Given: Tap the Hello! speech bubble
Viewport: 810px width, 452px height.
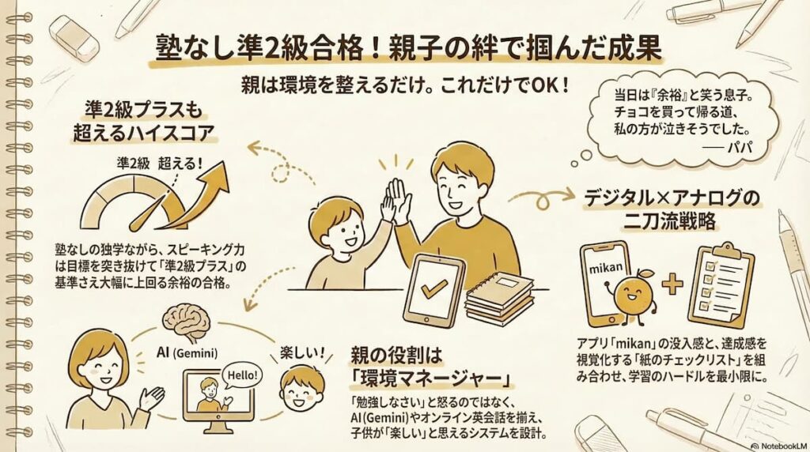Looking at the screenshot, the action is click(242, 375).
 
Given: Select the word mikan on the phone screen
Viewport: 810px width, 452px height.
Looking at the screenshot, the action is click(607, 269).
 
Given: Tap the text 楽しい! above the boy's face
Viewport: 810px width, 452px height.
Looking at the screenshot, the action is click(303, 353).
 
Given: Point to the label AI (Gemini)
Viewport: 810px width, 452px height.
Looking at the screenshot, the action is click(187, 353).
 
